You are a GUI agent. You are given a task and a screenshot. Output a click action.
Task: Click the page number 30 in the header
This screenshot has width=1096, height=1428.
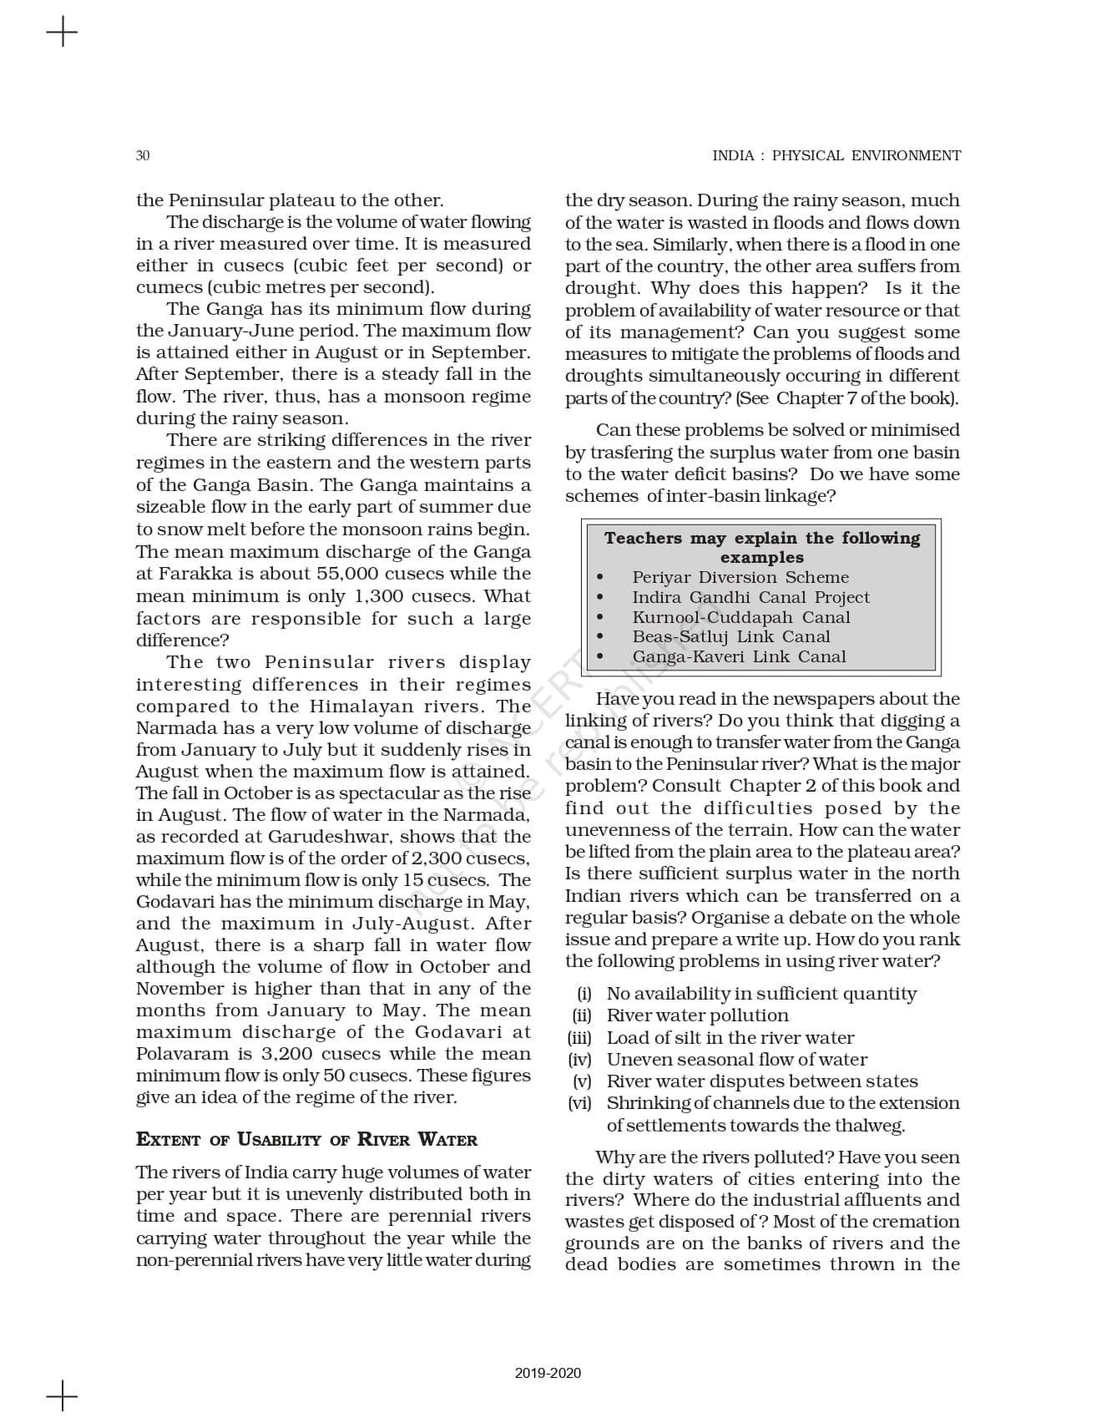click(143, 155)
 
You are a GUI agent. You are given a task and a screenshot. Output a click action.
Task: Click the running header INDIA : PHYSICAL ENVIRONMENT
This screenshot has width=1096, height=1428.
click(836, 155)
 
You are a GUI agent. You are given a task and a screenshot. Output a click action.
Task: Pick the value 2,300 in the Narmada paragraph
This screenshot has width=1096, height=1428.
click(434, 858)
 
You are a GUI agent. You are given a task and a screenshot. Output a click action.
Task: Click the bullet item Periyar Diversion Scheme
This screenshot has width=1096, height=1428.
click(740, 577)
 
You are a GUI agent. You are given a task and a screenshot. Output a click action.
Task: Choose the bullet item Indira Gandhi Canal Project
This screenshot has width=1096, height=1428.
click(750, 597)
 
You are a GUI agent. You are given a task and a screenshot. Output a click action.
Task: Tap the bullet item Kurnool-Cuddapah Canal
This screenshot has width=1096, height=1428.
click(740, 617)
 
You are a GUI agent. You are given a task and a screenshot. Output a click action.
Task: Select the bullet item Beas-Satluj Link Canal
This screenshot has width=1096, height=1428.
click(730, 636)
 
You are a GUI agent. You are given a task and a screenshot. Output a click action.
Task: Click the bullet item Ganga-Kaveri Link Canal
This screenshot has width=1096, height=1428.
click(739, 656)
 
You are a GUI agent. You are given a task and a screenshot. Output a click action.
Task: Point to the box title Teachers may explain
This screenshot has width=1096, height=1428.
click(761, 547)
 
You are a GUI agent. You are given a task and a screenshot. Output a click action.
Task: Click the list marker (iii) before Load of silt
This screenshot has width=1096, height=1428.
click(579, 1038)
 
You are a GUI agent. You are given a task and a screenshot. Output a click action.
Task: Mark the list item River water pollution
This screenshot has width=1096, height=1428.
click(697, 1015)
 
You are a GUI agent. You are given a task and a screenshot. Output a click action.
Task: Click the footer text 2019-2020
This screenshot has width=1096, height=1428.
click(548, 1373)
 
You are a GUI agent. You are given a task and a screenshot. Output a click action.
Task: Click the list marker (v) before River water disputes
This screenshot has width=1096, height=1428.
click(582, 1081)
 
